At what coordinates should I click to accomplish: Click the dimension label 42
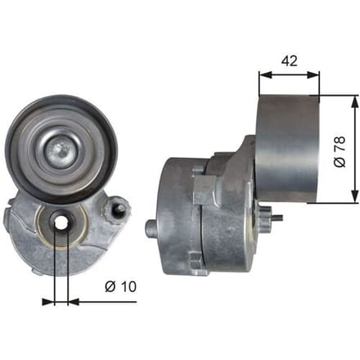click(290, 61)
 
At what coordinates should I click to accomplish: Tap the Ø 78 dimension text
click(340, 151)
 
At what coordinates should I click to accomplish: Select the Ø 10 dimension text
click(120, 286)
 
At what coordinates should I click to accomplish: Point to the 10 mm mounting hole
click(61, 223)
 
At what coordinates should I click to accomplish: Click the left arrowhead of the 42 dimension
click(265, 74)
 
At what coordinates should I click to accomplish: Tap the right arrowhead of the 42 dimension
click(313, 74)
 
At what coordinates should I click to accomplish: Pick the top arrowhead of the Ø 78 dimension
click(354, 102)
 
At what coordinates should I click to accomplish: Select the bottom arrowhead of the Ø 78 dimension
click(354, 196)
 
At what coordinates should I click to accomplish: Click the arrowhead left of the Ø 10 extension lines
click(48, 302)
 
